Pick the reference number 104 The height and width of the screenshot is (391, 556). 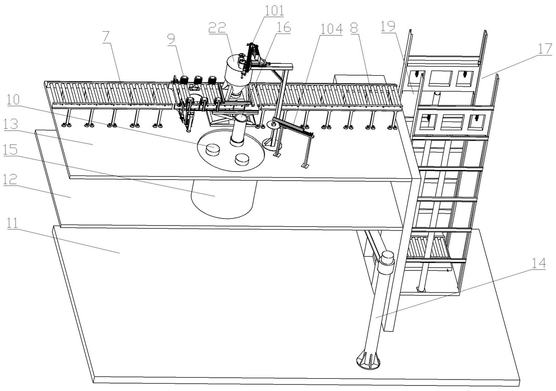coord(331,29)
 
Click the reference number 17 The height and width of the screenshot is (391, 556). coord(545,49)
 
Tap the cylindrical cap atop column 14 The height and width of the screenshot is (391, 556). coord(387,258)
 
